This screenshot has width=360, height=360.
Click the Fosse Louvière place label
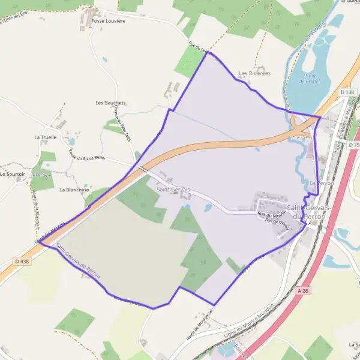tap(108, 20)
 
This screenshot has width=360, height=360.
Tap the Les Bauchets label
tap(111, 103)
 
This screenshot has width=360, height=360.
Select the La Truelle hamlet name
tap(45, 137)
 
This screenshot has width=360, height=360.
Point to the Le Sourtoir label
tap(13, 174)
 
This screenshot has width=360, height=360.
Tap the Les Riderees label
tap(254, 73)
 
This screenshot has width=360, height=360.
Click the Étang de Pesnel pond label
tap(310, 78)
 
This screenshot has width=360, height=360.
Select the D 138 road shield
tap(347, 92)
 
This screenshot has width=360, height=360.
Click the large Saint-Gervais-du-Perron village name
tap(306, 212)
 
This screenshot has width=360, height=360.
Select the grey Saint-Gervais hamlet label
tap(173, 190)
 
